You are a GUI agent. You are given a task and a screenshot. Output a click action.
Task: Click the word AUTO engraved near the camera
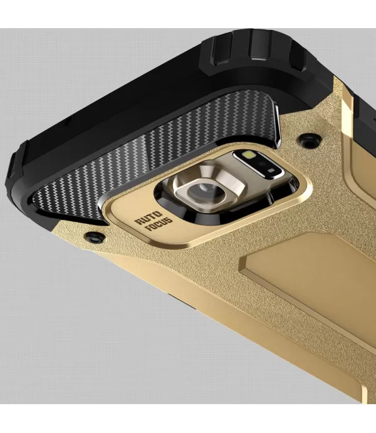click(x=149, y=217)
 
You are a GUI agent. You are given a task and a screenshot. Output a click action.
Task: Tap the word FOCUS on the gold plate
click(x=160, y=223)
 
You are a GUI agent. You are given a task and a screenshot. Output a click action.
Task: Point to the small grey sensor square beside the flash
click(x=271, y=170)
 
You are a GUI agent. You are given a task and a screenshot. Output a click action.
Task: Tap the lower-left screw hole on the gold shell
click(x=95, y=237)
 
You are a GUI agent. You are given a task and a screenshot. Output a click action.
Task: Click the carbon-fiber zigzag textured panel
click(x=155, y=143)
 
